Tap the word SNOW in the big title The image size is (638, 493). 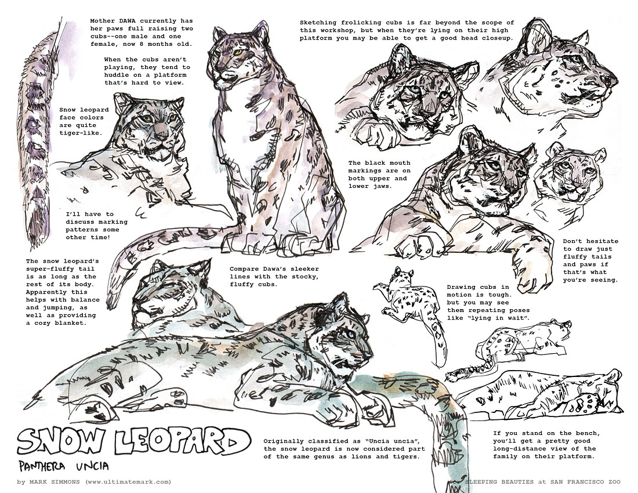click(x=60, y=441)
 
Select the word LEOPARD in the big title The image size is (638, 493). click(x=182, y=441)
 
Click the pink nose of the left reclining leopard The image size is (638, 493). click(x=162, y=132)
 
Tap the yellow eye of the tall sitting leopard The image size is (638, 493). click(x=237, y=52)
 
